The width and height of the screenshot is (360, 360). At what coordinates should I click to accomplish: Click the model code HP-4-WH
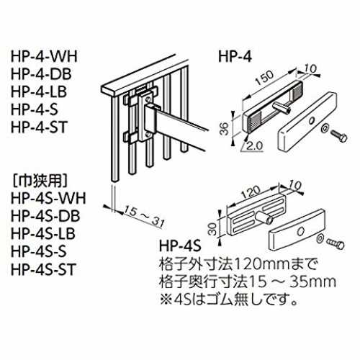point(44,56)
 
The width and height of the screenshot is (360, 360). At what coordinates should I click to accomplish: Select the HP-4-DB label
point(41,74)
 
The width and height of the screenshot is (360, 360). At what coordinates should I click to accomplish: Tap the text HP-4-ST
point(39,127)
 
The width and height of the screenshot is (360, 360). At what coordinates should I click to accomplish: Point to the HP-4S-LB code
point(43,233)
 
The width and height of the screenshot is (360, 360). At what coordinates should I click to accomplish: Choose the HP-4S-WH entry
point(48,198)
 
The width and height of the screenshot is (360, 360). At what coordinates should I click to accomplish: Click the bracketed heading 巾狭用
point(40,180)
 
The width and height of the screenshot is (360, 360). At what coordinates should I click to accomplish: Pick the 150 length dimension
point(264,78)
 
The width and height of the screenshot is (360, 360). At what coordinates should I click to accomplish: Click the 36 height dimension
point(225,129)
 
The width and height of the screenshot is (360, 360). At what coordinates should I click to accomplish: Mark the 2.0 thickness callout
point(255,145)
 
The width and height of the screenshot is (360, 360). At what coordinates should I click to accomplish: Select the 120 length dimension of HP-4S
point(251,192)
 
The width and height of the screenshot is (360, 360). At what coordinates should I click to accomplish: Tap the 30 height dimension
point(212,228)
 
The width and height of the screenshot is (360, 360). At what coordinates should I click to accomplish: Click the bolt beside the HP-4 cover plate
point(339,136)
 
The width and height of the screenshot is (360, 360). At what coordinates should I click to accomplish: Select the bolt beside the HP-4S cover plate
point(335,243)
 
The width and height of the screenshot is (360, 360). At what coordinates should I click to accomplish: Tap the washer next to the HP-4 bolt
point(325,128)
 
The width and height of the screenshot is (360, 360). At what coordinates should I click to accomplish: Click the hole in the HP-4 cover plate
point(312,120)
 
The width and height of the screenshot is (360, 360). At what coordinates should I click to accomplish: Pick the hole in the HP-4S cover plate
point(300,231)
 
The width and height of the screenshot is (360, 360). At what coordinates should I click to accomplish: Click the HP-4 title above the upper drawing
point(235,57)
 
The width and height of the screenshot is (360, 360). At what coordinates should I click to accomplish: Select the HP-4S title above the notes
point(180,246)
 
